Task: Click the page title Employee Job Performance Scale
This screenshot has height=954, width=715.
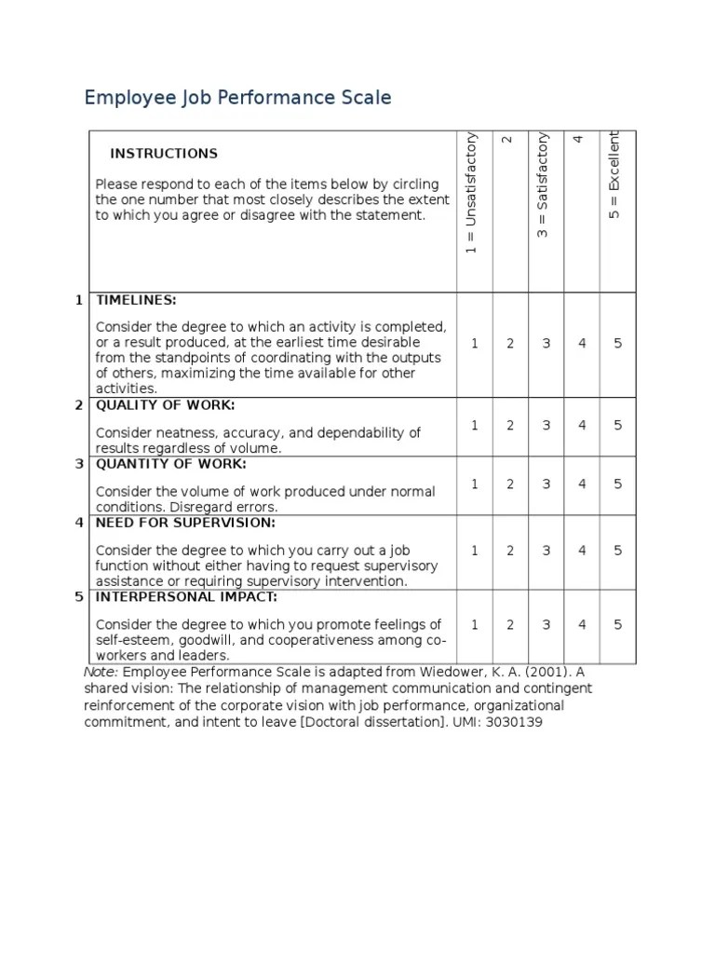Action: pyautogui.click(x=237, y=98)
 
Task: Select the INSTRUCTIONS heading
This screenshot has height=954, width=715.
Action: pyautogui.click(x=164, y=154)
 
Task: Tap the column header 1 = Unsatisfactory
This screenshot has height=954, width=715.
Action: pyautogui.click(x=472, y=193)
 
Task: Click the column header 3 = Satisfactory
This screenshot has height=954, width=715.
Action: pyautogui.click(x=544, y=185)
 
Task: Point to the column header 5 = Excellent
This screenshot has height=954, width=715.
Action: pyautogui.click(x=614, y=174)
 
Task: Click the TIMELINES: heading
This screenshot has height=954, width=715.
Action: pyautogui.click(x=136, y=300)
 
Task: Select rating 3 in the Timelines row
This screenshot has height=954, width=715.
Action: pyautogui.click(x=546, y=344)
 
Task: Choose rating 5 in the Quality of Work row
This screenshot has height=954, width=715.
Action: pyautogui.click(x=618, y=426)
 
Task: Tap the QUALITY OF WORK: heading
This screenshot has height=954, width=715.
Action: pyautogui.click(x=166, y=405)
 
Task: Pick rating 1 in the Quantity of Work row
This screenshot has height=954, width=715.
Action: pyautogui.click(x=475, y=484)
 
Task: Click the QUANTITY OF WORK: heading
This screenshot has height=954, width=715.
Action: pyautogui.click(x=171, y=464)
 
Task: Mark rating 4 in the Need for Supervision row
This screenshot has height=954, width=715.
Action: pyautogui.click(x=583, y=551)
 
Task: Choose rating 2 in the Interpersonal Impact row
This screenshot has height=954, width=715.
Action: pyautogui.click(x=510, y=625)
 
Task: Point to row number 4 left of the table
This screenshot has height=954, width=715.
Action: pyautogui.click(x=79, y=523)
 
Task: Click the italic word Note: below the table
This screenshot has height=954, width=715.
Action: pyautogui.click(x=101, y=672)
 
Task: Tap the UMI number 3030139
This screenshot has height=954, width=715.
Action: pyautogui.click(x=515, y=722)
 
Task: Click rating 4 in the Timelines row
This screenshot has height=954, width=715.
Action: pyautogui.click(x=583, y=344)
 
